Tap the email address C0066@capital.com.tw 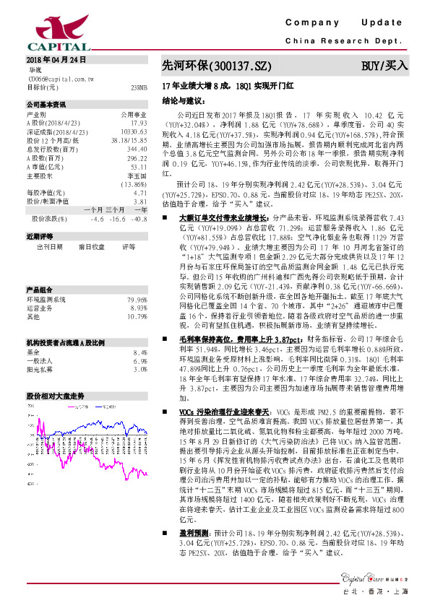coord(65,78)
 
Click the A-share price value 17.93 coord(139,123)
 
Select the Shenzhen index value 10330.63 coord(134,131)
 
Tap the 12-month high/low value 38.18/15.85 coord(129,140)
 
